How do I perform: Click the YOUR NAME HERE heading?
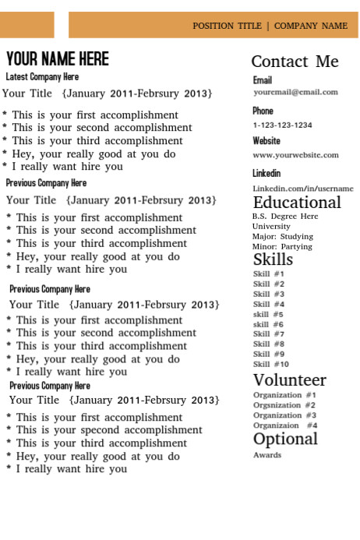[x=58, y=59]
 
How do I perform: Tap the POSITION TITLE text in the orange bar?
[x=227, y=26]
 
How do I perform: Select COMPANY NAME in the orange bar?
[x=311, y=26]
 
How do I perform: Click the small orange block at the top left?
[x=26, y=25]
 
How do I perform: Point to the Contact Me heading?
[x=295, y=62]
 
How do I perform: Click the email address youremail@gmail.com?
[x=295, y=92]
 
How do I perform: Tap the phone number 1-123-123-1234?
[x=282, y=125]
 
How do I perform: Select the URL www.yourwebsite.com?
[x=295, y=155]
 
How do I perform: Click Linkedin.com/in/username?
[x=302, y=189]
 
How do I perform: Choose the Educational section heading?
[x=297, y=203]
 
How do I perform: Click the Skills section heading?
[x=273, y=259]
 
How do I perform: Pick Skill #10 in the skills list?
[x=271, y=364]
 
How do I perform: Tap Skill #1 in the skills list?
[x=269, y=274]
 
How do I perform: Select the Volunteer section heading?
[x=289, y=380]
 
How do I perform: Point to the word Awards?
[x=267, y=455]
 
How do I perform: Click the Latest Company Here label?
[x=42, y=77]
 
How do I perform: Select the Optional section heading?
[x=285, y=439]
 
